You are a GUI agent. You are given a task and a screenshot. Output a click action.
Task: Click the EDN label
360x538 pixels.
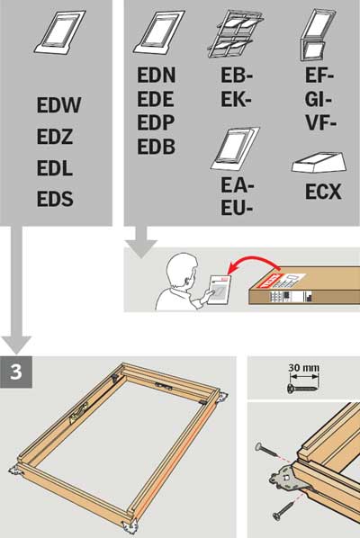coord(157,78)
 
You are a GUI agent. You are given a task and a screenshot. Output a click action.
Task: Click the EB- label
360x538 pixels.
coord(237,78)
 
